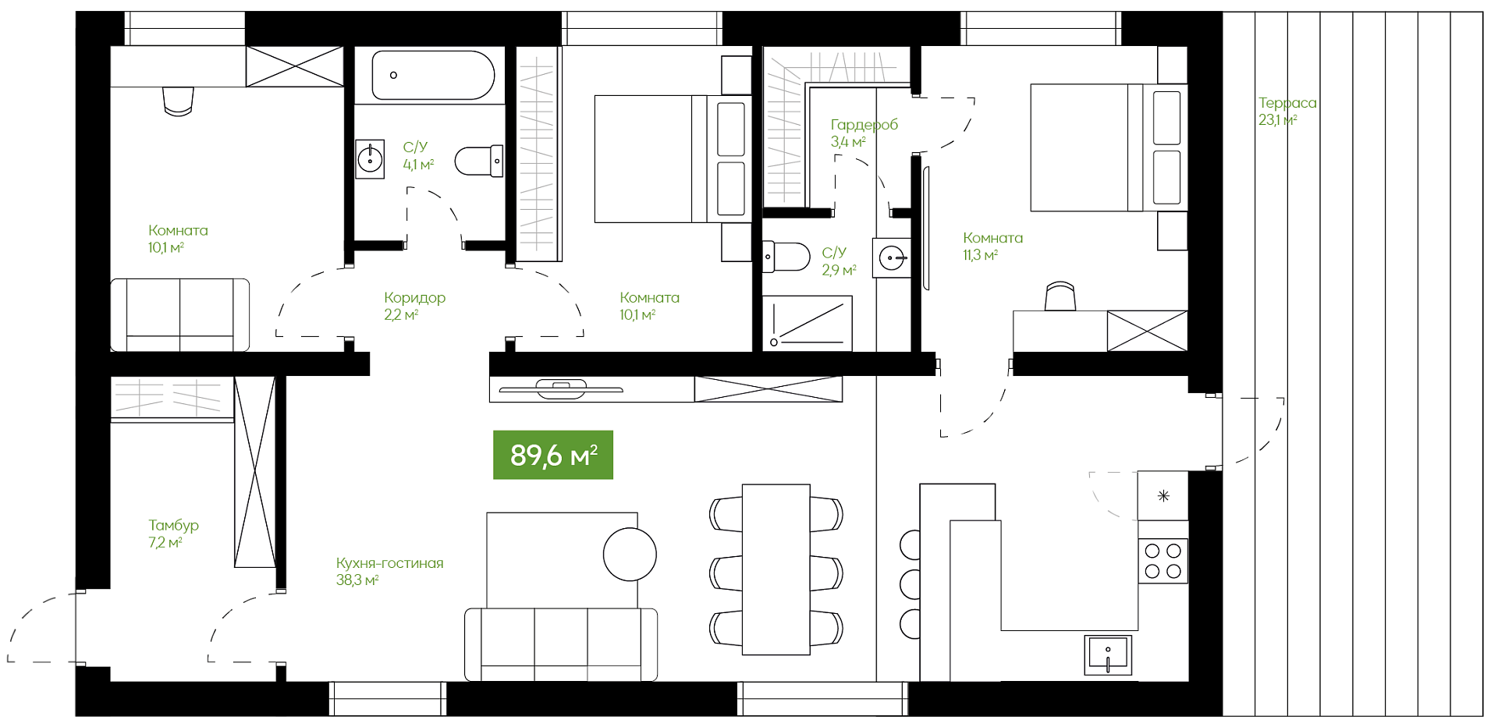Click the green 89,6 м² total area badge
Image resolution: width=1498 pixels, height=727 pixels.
pyautogui.click(x=553, y=455)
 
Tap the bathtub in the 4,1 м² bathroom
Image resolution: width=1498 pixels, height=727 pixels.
pyautogui.click(x=433, y=75)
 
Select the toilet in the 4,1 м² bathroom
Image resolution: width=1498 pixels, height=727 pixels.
pyautogui.click(x=479, y=161)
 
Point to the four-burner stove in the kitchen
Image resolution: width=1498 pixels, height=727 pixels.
pyautogui.click(x=1163, y=561)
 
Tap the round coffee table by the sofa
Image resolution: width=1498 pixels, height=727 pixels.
pyautogui.click(x=630, y=555)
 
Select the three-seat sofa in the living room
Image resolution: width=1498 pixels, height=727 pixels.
pyautogui.click(x=561, y=644)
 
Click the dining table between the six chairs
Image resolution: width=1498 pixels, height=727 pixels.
pyautogui.click(x=776, y=569)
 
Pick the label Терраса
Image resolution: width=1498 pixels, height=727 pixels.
pyautogui.click(x=1287, y=103)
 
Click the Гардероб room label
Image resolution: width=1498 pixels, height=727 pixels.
pyautogui.click(x=864, y=125)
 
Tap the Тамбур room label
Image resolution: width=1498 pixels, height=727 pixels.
pyautogui.click(x=173, y=526)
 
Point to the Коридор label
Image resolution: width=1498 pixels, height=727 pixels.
pyautogui.click(x=414, y=298)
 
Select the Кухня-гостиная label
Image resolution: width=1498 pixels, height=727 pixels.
pyautogui.click(x=389, y=563)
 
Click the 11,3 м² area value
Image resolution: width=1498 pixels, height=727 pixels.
pyautogui.click(x=980, y=255)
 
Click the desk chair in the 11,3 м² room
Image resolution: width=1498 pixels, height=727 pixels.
pyautogui.click(x=1060, y=297)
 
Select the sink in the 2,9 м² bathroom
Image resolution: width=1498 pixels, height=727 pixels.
pyautogui.click(x=892, y=257)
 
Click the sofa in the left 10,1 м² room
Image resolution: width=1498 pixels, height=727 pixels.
pyautogui.click(x=179, y=315)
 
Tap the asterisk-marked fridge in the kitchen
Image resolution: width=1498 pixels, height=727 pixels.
pyautogui.click(x=1163, y=495)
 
